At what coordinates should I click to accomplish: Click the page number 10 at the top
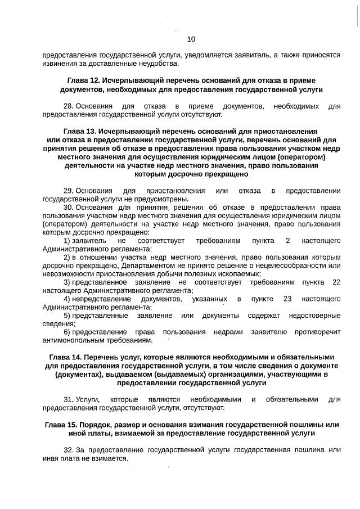191,39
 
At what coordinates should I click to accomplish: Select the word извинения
59,64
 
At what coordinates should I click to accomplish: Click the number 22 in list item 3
336,282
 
